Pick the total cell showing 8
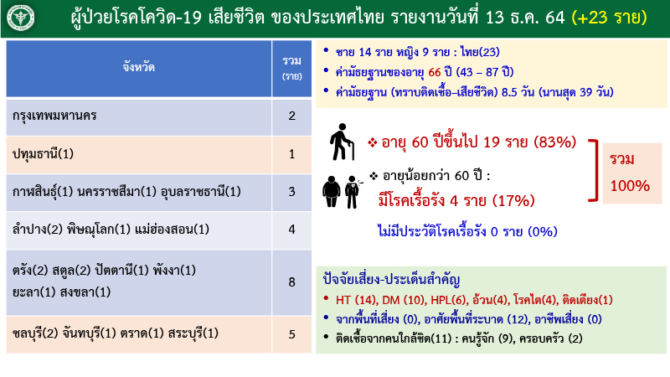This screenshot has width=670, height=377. click(x=291, y=281)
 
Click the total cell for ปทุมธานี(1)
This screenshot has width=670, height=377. click(x=291, y=153)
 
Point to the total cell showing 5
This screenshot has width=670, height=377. click(x=291, y=334)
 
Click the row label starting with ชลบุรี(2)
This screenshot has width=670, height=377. click(x=116, y=334)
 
